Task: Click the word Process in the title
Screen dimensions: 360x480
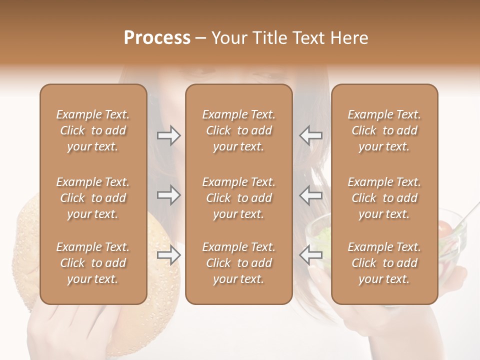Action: pos(157,38)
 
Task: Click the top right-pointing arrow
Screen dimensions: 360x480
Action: pos(168,135)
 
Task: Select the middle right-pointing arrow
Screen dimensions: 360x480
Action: pos(168,195)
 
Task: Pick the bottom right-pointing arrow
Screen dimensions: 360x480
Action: pos(168,255)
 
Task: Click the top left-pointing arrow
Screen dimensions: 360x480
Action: pos(310,135)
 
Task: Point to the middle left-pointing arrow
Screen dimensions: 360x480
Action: pos(310,195)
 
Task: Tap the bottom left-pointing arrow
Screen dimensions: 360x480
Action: pos(310,255)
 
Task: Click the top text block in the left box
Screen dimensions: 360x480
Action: pos(93,130)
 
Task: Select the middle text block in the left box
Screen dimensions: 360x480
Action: pos(93,198)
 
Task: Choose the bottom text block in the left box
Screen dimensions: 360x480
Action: pos(93,263)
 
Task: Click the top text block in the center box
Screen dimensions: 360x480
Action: pos(239,130)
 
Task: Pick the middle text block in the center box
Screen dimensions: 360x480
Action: pos(239,198)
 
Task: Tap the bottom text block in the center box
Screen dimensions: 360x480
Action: pos(239,263)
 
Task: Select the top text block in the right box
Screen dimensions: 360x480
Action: pos(384,130)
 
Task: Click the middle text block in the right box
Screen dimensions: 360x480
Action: pos(384,198)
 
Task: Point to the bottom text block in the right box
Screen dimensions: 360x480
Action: pos(384,263)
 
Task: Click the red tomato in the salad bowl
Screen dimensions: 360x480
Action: pos(444,228)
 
